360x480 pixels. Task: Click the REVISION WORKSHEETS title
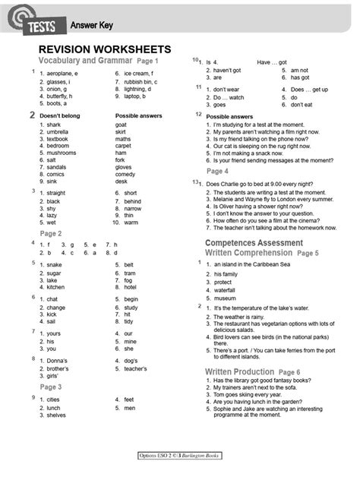coord(105,49)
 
